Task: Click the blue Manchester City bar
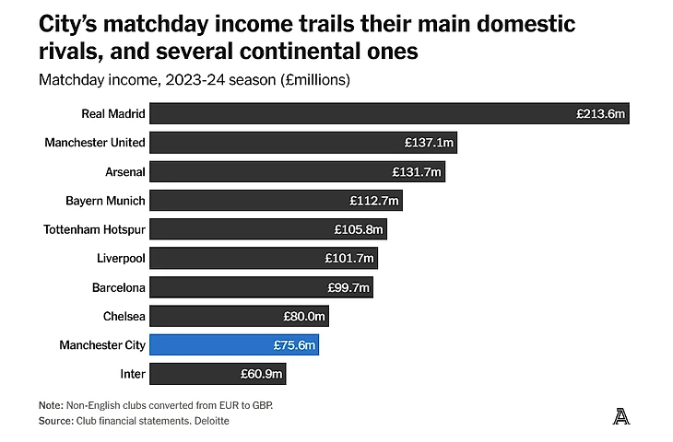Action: pos(233,345)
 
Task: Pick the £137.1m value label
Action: pos(428,143)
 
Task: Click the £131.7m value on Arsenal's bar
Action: pos(417,172)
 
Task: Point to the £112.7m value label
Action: pos(373,201)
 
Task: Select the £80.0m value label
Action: pos(305,317)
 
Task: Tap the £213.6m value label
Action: pos(601,114)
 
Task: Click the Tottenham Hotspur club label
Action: pos(95,229)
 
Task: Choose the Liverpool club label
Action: pos(121,259)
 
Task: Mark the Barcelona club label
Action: pos(119,287)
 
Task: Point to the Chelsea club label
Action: pos(124,317)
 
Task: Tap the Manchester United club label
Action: pos(95,143)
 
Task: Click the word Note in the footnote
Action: pos(51,405)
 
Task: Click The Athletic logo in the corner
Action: pos(621,416)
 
